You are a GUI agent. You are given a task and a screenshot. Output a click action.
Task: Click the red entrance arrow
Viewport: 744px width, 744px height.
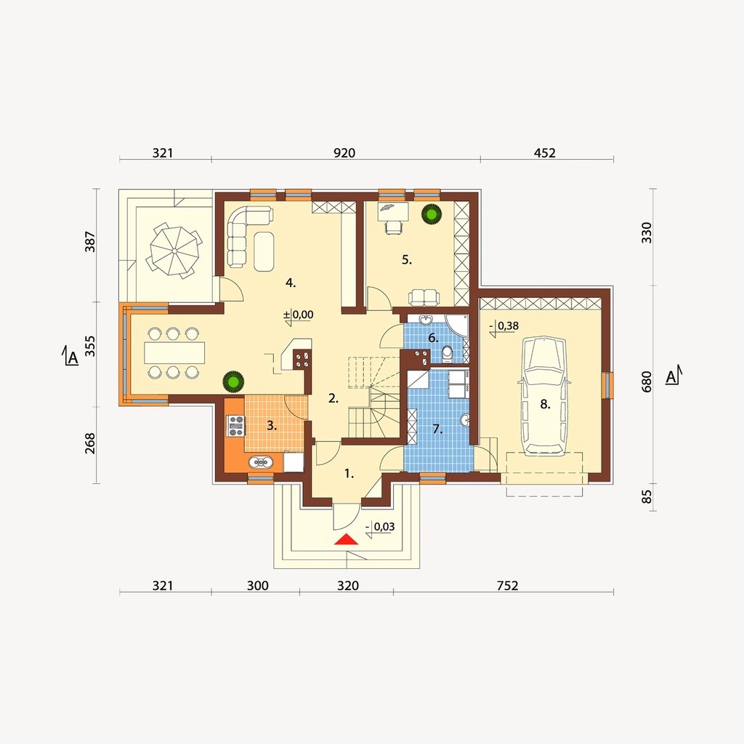point(346,539)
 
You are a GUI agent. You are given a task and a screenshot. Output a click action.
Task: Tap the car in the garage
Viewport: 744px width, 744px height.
point(545,396)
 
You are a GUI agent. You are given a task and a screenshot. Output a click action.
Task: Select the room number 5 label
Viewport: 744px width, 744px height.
point(407,259)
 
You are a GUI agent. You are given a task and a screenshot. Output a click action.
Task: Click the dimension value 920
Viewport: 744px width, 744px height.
point(344,153)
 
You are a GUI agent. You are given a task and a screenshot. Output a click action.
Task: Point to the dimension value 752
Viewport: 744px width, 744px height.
point(507,586)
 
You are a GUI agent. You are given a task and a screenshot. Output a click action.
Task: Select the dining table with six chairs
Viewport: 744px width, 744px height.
point(174,352)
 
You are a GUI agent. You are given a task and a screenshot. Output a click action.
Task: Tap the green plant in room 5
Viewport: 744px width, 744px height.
point(432,214)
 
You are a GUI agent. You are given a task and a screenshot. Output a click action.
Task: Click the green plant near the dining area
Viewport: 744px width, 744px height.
point(233,381)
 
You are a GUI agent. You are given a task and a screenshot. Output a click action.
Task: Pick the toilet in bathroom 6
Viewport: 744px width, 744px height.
point(447,354)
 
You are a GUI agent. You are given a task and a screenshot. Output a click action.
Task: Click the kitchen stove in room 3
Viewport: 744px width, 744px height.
point(236,425)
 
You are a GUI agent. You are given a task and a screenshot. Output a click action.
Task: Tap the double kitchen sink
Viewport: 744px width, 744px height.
point(261,461)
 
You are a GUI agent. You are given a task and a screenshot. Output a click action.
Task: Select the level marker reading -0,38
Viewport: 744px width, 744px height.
point(504,327)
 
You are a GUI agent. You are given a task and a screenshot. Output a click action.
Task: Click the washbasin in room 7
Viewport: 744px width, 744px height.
point(466,420)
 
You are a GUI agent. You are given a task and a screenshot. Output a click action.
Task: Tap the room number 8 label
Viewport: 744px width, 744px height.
point(545,404)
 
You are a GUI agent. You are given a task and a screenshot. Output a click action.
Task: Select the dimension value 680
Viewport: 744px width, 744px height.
point(646,381)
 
